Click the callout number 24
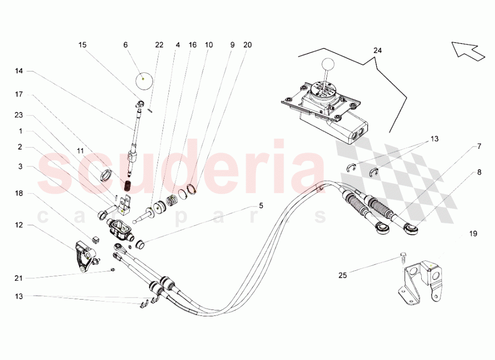coord(378,50)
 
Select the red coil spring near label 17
coord(128,186)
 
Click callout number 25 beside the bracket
coord(343,275)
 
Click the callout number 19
coord(473,234)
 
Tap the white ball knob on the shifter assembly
coord(328,65)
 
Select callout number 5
coord(261,206)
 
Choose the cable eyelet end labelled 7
coord(382,228)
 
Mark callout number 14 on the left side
coord(19,71)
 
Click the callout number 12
coord(19,225)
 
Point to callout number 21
coord(19,278)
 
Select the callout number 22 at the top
coord(159,45)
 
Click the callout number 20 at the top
coord(247,45)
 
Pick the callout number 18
coord(19,193)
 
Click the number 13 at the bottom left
coord(19,296)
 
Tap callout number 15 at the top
coord(82,45)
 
